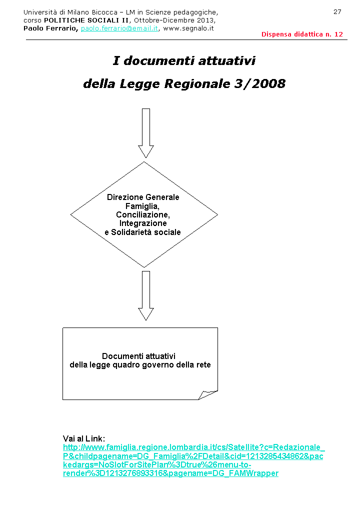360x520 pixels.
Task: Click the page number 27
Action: [x=337, y=11]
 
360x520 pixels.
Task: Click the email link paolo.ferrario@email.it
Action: [x=119, y=28]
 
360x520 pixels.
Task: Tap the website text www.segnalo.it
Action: [x=188, y=28]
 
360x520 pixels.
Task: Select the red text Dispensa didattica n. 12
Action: [x=302, y=34]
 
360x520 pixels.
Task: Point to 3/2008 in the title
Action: [x=259, y=83]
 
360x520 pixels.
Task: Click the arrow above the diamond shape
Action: [x=146, y=132]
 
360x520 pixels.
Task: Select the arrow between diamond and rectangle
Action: [x=146, y=295]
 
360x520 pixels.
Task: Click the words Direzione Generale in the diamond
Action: [x=143, y=197]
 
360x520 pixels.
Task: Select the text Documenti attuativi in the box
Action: [x=138, y=356]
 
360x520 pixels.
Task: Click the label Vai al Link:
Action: [x=83, y=438]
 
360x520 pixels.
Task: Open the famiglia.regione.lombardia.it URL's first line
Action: [x=193, y=447]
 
